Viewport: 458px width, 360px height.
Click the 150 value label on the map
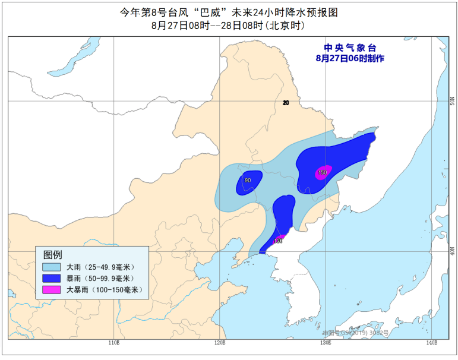[323, 173]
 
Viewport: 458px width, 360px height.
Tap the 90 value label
[248, 181]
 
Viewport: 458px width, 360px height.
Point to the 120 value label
[277, 241]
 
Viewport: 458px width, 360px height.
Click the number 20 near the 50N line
[286, 103]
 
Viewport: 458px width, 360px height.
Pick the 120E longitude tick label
[220, 343]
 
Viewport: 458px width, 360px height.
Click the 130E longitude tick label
[325, 343]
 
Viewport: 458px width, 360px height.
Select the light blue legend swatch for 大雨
[52, 267]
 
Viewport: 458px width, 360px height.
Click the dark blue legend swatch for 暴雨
[52, 278]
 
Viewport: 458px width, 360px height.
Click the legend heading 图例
[52, 254]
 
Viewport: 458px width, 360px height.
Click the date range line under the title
[228, 26]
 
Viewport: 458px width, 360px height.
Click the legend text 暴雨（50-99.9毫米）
[100, 278]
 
